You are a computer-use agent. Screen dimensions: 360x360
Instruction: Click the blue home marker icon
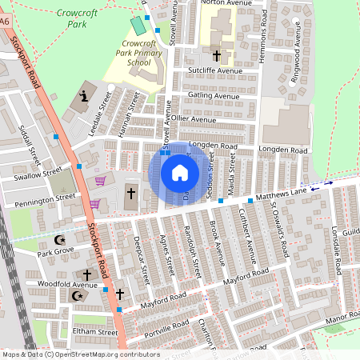(x=179, y=173)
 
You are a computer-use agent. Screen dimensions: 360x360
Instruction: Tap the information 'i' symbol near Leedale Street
(x=85, y=98)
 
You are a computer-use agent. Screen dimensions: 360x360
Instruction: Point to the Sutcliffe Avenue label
(x=214, y=70)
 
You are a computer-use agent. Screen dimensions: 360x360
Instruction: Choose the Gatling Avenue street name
(x=214, y=95)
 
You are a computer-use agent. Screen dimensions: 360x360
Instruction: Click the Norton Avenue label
(x=222, y=3)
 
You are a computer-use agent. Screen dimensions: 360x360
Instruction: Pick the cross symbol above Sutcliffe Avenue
(x=217, y=56)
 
